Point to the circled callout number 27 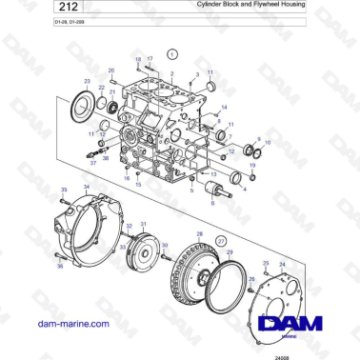pos(221,243)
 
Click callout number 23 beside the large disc pos(88,82)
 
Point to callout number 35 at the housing pos(64,190)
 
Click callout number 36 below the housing pos(58,267)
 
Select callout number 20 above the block pos(111,70)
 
